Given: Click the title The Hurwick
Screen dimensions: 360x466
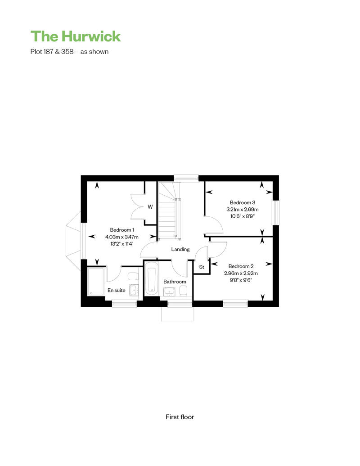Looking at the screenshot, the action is [76, 36].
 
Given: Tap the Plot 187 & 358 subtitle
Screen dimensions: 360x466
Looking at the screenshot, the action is [69, 51].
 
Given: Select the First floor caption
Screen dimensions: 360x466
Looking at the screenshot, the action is [180, 417].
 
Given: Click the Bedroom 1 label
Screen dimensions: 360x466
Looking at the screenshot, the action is [122, 230].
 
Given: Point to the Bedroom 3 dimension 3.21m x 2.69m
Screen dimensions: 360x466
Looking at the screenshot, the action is [242, 209].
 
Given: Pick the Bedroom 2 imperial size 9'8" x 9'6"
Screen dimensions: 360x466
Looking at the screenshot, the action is [241, 280].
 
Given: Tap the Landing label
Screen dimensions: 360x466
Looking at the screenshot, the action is [180, 249].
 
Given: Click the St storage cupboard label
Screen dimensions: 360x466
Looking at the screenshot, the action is [202, 267].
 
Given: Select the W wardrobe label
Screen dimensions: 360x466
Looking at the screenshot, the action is [150, 206].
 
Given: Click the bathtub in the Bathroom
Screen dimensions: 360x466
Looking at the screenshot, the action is [151, 279].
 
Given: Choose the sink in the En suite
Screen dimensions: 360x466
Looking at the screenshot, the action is [134, 290].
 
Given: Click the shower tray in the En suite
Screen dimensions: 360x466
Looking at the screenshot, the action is [96, 282].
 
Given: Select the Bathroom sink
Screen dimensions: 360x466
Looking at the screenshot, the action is [170, 292].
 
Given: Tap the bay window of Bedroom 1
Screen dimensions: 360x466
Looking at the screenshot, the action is [74, 241].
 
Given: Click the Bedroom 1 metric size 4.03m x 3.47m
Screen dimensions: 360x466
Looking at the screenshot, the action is [122, 237].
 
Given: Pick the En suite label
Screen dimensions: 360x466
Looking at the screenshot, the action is [117, 290].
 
